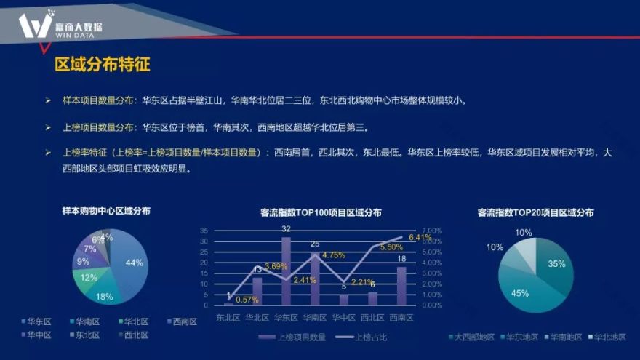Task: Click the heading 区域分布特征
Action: pos(103,65)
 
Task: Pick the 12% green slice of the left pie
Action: pos(88,278)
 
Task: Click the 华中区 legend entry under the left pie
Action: pos(36,335)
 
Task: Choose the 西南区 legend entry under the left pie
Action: pos(181,321)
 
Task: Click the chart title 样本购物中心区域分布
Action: pos(107,211)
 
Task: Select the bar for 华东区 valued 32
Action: pos(287,271)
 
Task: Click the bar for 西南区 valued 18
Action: pos(401,286)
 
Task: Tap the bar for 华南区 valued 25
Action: pos(315,278)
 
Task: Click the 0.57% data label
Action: pos(247,300)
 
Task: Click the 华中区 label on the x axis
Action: pos(344,317)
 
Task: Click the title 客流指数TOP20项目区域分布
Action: pos(535,213)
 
